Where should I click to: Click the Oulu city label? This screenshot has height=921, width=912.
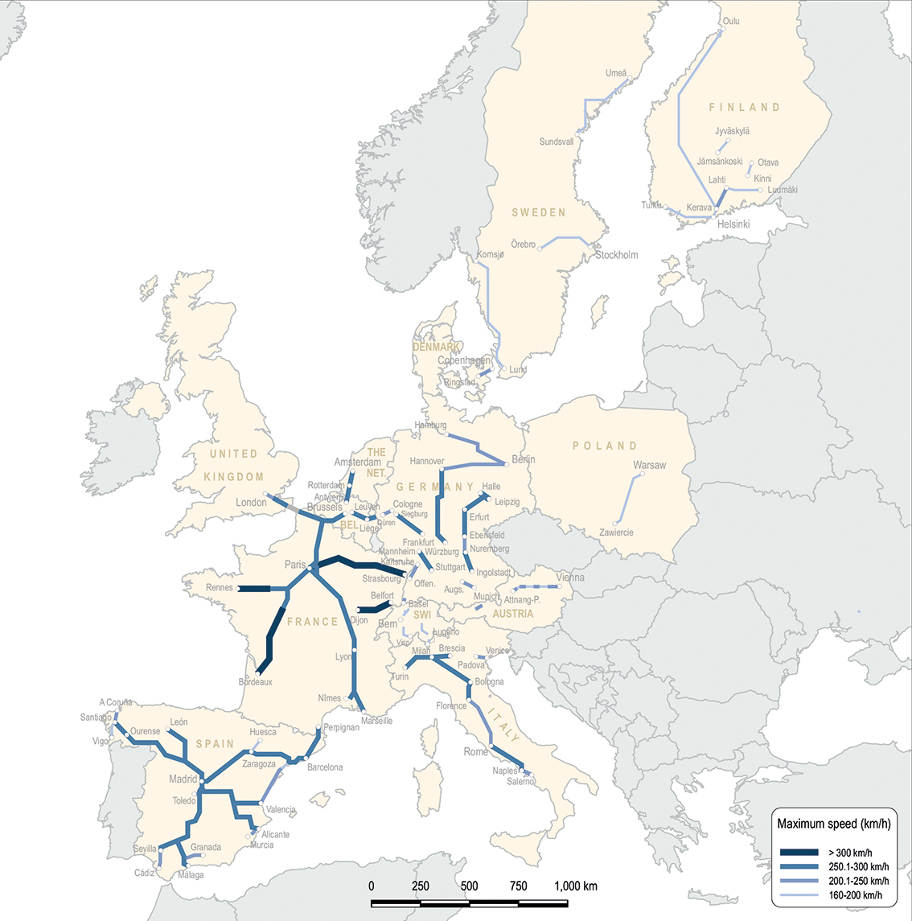[731, 22]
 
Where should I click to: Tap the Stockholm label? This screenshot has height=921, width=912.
[617, 255]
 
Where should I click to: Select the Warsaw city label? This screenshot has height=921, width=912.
[649, 465]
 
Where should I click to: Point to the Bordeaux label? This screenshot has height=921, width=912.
[256, 682]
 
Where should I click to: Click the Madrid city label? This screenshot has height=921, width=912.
[183, 779]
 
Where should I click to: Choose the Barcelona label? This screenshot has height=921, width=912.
[325, 767]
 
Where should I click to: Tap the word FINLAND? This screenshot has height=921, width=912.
[744, 107]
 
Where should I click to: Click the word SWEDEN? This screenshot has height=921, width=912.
[539, 212]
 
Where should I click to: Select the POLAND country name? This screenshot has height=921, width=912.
[605, 446]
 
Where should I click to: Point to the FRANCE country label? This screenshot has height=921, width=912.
[313, 622]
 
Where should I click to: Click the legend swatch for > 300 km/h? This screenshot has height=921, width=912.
[799, 853]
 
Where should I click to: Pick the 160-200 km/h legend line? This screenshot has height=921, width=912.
[799, 894]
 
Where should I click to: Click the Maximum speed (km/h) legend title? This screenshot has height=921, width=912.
[834, 824]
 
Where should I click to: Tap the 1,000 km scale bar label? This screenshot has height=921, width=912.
[576, 886]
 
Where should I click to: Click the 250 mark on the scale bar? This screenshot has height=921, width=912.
[421, 886]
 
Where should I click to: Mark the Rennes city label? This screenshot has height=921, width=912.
[220, 588]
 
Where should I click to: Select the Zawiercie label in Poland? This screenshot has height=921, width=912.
[616, 532]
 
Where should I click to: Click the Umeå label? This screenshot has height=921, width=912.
[616, 73]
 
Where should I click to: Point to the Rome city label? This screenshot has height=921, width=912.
[475, 752]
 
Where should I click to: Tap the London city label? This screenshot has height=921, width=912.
[251, 503]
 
